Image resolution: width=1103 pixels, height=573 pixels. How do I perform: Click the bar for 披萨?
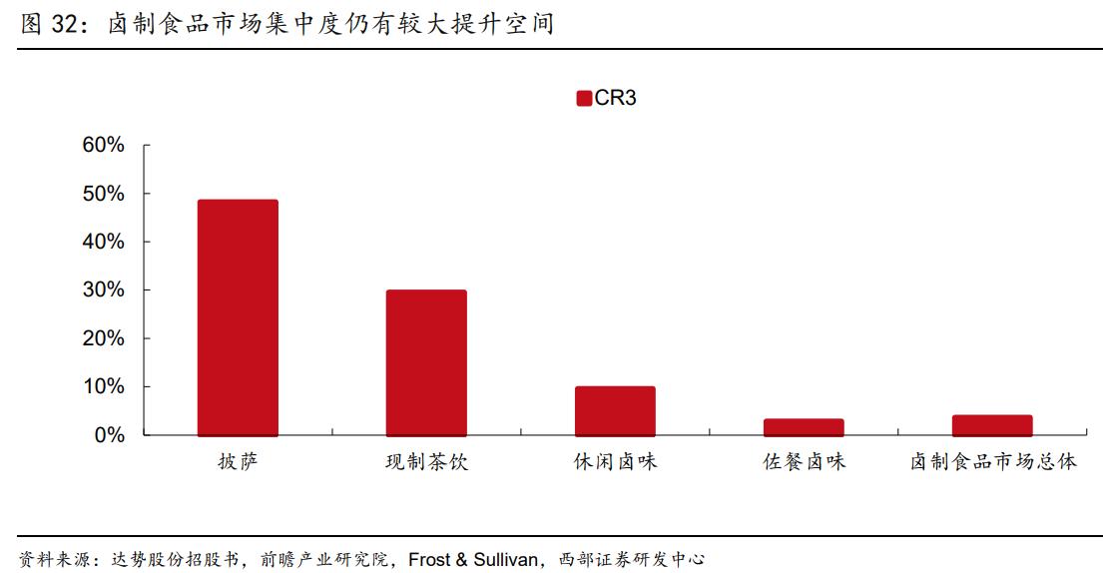(x=238, y=317)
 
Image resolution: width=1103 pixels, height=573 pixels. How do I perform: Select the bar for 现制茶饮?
(x=426, y=362)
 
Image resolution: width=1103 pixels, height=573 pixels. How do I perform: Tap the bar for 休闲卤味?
(x=615, y=410)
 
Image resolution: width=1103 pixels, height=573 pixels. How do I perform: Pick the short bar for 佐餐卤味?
(x=804, y=427)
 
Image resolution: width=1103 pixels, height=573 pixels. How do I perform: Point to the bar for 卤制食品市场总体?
(x=992, y=425)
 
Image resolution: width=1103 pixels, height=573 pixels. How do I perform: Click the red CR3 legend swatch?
(x=584, y=98)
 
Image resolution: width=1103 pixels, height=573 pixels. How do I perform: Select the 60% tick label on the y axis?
(x=104, y=146)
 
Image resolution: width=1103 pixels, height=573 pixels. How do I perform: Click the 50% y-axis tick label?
(x=104, y=194)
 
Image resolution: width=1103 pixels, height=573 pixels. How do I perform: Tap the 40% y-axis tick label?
(x=104, y=242)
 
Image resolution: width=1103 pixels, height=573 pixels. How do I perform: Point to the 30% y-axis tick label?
(x=104, y=290)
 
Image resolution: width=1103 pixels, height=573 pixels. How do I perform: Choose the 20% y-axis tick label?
(x=104, y=338)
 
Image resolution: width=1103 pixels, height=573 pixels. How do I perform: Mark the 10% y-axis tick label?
(x=104, y=386)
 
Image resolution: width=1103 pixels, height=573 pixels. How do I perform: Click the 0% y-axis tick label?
(x=110, y=435)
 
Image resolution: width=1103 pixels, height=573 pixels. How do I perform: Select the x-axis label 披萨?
(x=238, y=462)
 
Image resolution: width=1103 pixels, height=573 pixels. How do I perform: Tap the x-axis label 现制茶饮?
(x=426, y=462)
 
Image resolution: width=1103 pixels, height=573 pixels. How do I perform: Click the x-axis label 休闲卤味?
(x=615, y=462)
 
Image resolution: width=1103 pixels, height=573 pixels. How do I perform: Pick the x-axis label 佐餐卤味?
(x=804, y=462)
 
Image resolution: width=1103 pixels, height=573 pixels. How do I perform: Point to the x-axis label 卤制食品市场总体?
(x=992, y=462)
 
